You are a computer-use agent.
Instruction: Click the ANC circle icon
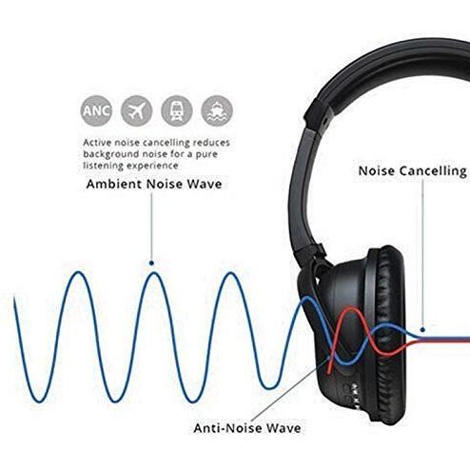(x=96, y=110)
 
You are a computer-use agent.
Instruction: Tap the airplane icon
(x=137, y=110)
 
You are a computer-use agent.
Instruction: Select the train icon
(x=177, y=110)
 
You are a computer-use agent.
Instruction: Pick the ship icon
(x=217, y=110)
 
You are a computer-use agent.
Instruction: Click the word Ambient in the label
(x=114, y=184)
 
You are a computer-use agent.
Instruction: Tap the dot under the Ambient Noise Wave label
(x=151, y=263)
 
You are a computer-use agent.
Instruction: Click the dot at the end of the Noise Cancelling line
(x=422, y=330)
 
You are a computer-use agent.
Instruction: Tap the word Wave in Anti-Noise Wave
(x=284, y=428)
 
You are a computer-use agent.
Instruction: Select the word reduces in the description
(x=211, y=143)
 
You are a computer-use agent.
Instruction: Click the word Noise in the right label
(x=377, y=171)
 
